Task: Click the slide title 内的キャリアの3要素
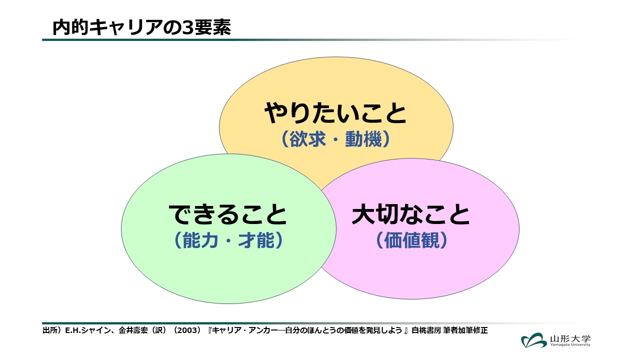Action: pyautogui.click(x=141, y=27)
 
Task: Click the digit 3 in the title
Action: pyautogui.click(x=187, y=27)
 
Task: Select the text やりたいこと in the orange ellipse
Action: pyautogui.click(x=335, y=113)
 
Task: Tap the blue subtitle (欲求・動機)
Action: pyautogui.click(x=335, y=139)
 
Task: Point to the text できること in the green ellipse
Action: pyautogui.click(x=227, y=214)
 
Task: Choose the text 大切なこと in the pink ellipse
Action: pyautogui.click(x=411, y=214)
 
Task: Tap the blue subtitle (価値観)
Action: pyautogui.click(x=411, y=240)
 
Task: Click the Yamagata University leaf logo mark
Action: pyautogui.click(x=534, y=340)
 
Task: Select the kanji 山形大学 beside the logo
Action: pyautogui.click(x=570, y=338)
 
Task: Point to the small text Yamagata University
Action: pyautogui.click(x=570, y=345)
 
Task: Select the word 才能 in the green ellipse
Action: pyautogui.click(x=256, y=239)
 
